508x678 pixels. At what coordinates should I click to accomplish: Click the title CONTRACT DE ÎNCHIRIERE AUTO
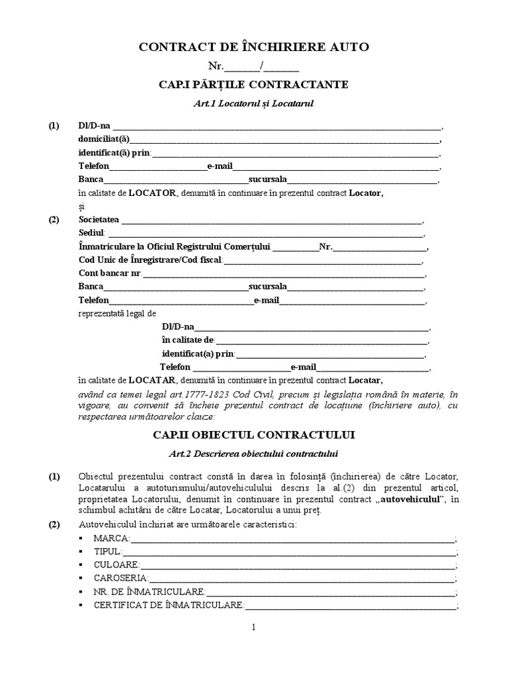tap(253, 47)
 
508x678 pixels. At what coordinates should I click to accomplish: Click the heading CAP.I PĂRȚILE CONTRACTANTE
tap(253, 85)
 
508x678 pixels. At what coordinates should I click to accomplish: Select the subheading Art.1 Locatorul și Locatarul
tap(253, 104)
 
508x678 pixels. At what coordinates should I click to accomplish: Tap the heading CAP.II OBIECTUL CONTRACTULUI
tap(253, 436)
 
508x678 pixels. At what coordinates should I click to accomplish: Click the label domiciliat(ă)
tap(105, 139)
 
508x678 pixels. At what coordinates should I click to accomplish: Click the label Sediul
tap(91, 233)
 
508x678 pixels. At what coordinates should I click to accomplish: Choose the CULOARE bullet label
tap(116, 565)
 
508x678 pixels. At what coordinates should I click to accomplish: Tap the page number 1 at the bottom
tap(253, 628)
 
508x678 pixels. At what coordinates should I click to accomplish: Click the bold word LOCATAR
tap(152, 381)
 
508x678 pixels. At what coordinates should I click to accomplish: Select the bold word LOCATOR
tap(153, 193)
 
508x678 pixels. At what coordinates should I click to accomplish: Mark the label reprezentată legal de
tap(117, 313)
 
